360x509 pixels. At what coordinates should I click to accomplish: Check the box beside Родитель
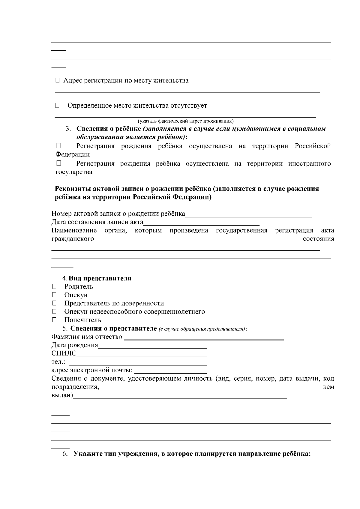[x=54, y=286]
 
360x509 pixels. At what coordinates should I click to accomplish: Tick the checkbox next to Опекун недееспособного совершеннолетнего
[x=54, y=312]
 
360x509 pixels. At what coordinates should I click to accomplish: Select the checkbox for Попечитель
[x=54, y=320]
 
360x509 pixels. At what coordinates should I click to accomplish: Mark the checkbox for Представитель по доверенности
[x=54, y=303]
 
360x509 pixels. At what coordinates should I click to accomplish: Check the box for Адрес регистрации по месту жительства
[x=58, y=80]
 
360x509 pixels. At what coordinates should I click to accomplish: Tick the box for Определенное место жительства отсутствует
[x=57, y=105]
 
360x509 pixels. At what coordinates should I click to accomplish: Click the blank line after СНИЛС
[x=142, y=354]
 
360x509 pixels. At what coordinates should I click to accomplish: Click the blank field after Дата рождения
[x=152, y=345]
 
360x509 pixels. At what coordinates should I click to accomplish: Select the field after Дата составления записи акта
[x=201, y=222]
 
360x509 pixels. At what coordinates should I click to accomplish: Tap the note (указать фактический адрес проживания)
[x=185, y=121]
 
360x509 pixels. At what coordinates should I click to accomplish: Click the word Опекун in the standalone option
[x=76, y=295]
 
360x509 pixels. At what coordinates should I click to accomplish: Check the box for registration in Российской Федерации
[x=58, y=146]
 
